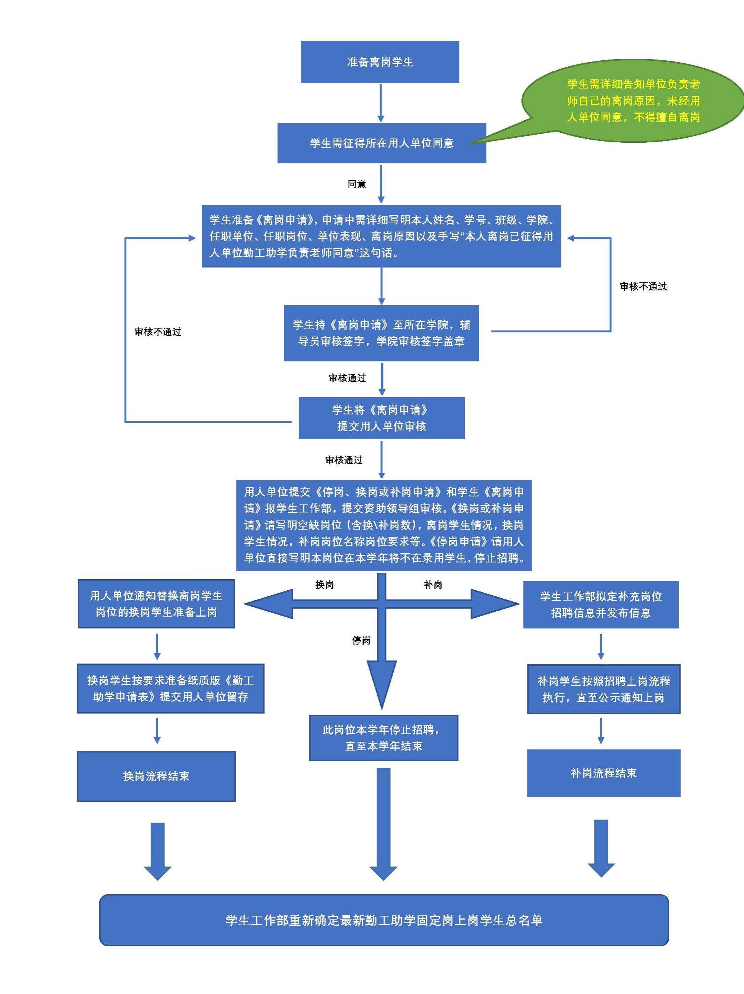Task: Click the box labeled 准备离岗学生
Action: click(380, 62)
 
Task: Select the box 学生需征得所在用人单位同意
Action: click(382, 143)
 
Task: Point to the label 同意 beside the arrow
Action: click(357, 184)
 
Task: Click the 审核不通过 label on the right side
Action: click(643, 286)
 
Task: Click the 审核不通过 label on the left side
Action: click(158, 332)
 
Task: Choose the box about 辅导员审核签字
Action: click(381, 333)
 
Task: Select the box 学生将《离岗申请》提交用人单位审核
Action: click(382, 418)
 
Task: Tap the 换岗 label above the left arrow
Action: click(324, 585)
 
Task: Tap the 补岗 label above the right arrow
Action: click(433, 585)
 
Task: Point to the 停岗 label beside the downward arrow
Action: click(361, 640)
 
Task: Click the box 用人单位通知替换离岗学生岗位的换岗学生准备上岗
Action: click(156, 604)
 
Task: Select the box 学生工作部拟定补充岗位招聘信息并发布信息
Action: click(600, 604)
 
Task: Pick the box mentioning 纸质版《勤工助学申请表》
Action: click(170, 688)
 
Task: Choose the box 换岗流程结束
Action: click(156, 776)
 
